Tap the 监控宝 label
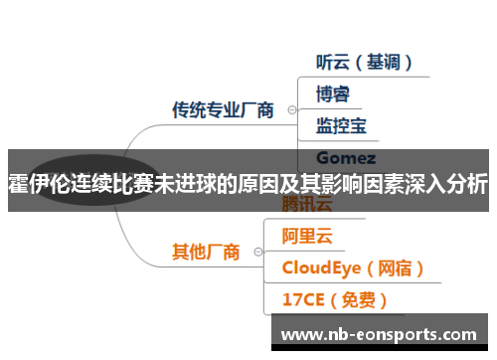click(x=340, y=125)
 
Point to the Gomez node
click(x=345, y=157)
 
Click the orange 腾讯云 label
click(x=309, y=206)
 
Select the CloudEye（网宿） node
click(x=353, y=268)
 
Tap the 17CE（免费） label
click(x=334, y=299)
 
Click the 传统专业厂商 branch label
click(x=223, y=109)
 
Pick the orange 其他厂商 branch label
click(x=206, y=252)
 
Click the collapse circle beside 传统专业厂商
click(x=290, y=110)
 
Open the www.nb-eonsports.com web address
click(x=384, y=334)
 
